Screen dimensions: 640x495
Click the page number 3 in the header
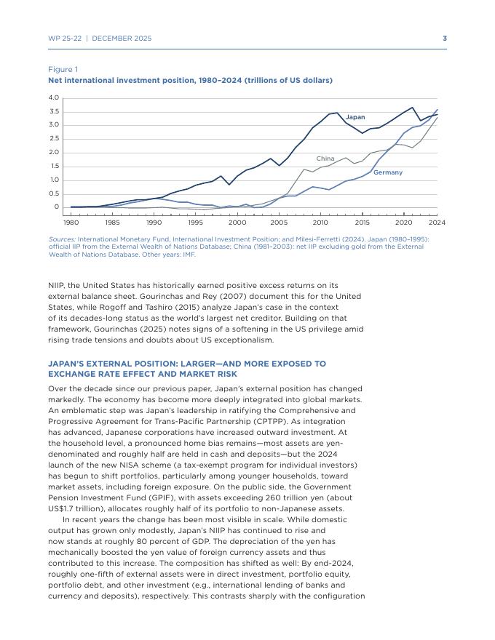[445, 39]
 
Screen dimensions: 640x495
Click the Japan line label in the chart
[355, 117]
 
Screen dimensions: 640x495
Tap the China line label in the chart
[325, 159]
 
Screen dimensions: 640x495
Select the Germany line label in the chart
[387, 172]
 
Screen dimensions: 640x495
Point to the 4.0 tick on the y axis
[53, 97]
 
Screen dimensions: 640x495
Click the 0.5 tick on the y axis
[53, 193]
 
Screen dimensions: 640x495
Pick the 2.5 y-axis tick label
[53, 139]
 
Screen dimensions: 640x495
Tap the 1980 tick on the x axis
[71, 223]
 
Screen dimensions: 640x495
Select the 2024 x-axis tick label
[437, 223]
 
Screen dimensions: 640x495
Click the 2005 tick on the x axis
[279, 223]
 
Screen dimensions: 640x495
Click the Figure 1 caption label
[63, 70]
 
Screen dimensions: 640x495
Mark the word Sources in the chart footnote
[61, 239]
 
